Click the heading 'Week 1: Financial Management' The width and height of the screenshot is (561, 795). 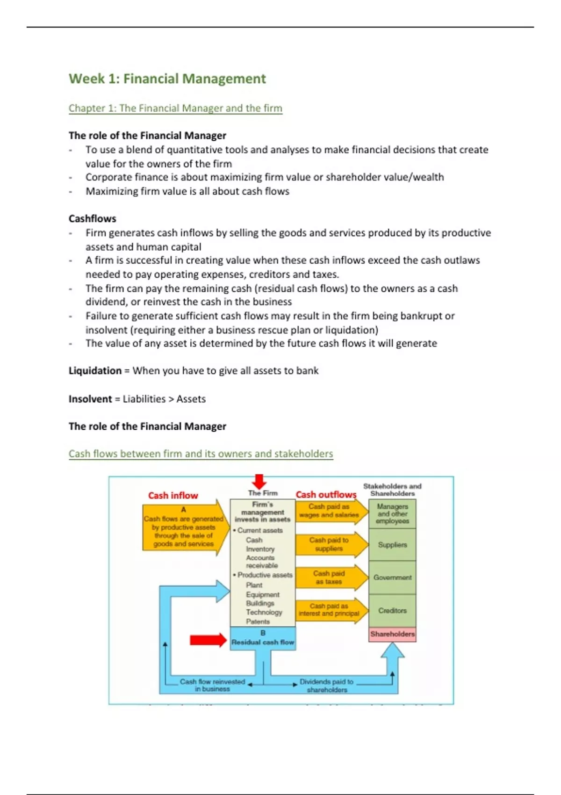click(x=167, y=79)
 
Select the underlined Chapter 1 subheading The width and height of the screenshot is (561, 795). click(x=175, y=108)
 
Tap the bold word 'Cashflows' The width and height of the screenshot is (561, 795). click(x=92, y=218)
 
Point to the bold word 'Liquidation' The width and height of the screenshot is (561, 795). click(x=95, y=370)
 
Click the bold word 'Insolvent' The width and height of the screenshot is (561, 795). click(x=90, y=399)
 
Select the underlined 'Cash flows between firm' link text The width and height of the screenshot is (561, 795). click(x=201, y=454)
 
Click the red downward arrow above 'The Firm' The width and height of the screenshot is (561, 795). click(x=259, y=481)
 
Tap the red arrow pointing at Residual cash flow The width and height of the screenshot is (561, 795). click(x=208, y=639)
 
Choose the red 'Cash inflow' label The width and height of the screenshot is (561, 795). click(x=173, y=495)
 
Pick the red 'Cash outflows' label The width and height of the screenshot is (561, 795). click(x=326, y=494)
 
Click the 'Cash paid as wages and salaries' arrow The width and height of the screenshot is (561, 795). click(x=330, y=511)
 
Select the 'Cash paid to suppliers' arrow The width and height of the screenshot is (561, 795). click(x=330, y=544)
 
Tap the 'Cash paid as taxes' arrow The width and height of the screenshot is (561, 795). click(x=330, y=578)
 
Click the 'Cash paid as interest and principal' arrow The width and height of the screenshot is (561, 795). click(x=330, y=610)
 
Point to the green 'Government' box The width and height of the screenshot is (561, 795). click(x=392, y=578)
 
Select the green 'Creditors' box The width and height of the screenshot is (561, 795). click(x=392, y=610)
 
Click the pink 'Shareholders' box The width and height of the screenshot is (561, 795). click(x=392, y=634)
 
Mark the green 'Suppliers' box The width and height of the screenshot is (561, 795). click(x=392, y=545)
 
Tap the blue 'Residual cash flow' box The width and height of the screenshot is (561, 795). click(x=263, y=638)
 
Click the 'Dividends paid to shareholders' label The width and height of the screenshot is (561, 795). click(x=326, y=686)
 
